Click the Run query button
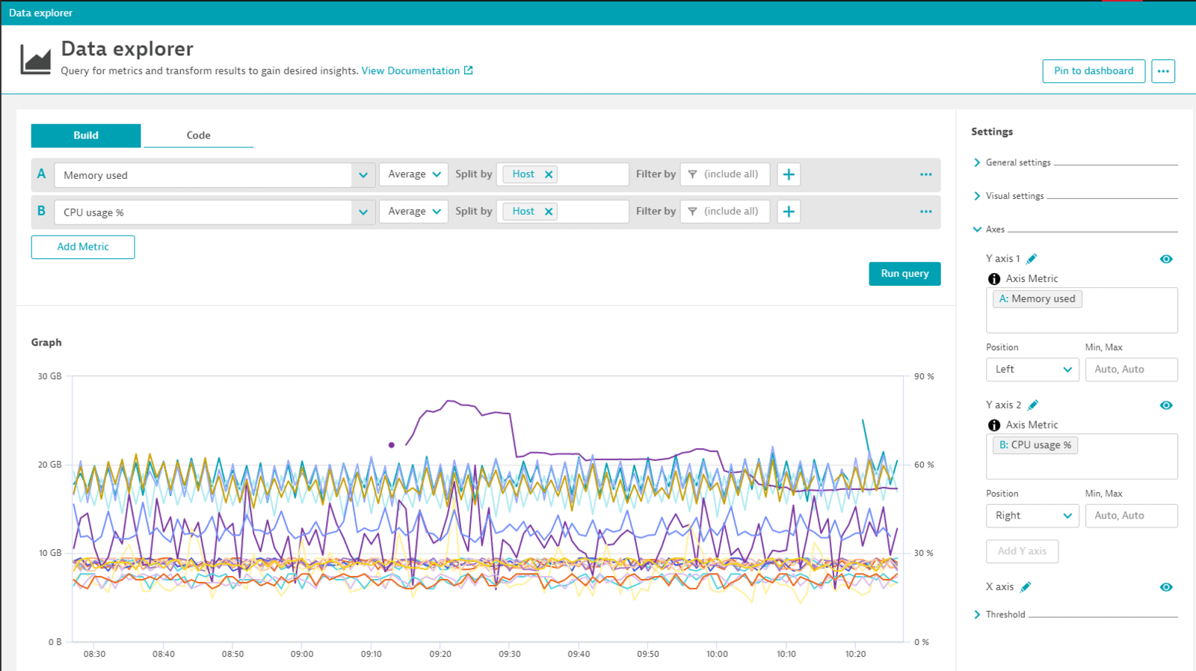tap(904, 274)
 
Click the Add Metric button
tap(83, 247)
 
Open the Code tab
tap(198, 135)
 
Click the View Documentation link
tap(410, 71)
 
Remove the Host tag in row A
tap(549, 174)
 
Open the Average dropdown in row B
tap(414, 212)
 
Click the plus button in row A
tap(789, 174)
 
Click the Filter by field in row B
tap(724, 212)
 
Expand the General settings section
tap(1017, 162)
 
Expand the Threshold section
tap(1005, 615)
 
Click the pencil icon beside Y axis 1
tap(1032, 259)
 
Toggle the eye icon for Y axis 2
tap(1165, 405)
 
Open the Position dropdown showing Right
tap(1032, 516)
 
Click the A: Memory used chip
tap(1037, 299)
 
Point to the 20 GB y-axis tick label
tap(49, 465)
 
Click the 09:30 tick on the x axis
tap(510, 654)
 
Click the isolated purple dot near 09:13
tap(392, 445)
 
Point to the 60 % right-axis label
tap(924, 465)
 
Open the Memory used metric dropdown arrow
tap(363, 176)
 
